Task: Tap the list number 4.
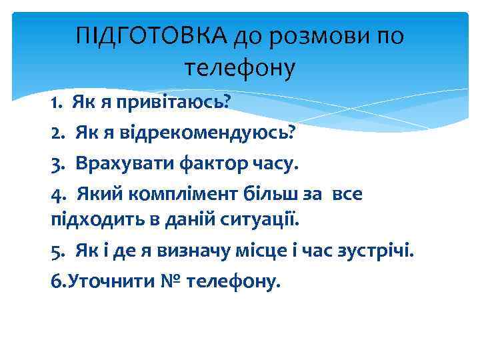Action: pyautogui.click(x=58, y=194)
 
